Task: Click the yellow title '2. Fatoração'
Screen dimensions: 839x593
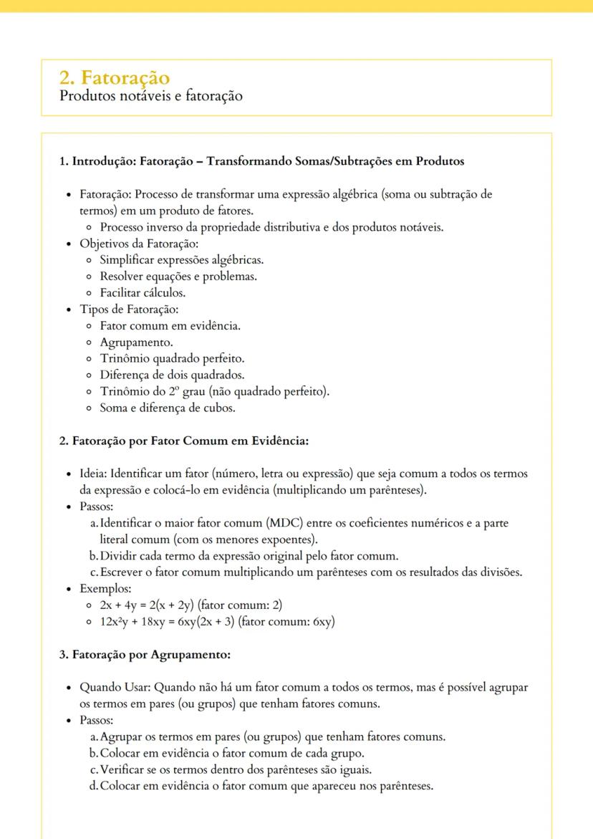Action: (115, 77)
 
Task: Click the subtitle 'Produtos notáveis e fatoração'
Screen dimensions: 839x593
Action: (150, 95)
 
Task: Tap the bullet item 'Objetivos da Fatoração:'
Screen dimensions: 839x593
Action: (130, 244)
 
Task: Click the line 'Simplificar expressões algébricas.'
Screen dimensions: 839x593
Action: (181, 260)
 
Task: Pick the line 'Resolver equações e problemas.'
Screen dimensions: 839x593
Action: (178, 277)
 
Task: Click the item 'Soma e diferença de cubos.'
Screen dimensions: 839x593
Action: (168, 408)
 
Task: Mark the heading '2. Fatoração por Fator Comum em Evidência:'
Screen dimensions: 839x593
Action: (183, 441)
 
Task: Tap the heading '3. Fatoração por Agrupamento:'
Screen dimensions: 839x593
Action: (145, 654)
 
